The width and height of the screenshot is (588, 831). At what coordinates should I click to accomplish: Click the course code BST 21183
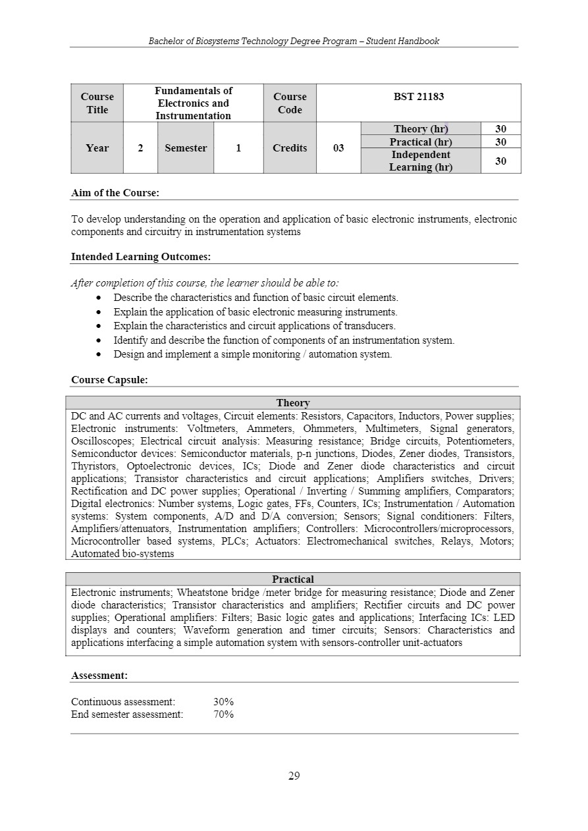point(419,97)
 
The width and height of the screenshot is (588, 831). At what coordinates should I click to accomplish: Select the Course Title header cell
point(97,103)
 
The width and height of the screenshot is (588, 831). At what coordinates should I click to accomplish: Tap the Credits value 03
point(338,148)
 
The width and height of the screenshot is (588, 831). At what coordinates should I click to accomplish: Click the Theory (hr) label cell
point(421,129)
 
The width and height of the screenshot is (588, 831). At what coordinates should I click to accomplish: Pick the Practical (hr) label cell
point(421,142)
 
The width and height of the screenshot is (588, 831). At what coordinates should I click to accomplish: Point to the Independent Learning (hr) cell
point(421,161)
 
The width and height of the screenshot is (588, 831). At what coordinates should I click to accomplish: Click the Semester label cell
point(186,148)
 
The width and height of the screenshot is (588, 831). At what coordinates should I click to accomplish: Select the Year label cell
point(97,148)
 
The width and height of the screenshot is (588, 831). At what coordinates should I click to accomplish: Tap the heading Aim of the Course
point(115,193)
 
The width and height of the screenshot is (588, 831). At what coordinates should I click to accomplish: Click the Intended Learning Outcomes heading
point(140,257)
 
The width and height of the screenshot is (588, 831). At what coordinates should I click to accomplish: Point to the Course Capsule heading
point(109,380)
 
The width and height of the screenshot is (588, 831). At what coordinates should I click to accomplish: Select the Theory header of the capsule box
point(293,403)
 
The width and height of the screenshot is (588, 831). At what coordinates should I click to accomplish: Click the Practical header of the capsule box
point(293,579)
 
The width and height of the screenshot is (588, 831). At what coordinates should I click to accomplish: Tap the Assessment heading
point(99,676)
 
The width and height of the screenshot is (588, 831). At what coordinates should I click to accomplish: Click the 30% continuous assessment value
point(223,702)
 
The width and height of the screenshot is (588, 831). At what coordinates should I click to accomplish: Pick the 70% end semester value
point(223,714)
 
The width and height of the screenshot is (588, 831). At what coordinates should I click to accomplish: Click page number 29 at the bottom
point(294,776)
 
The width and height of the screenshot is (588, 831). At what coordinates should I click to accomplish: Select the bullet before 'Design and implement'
point(98,354)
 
